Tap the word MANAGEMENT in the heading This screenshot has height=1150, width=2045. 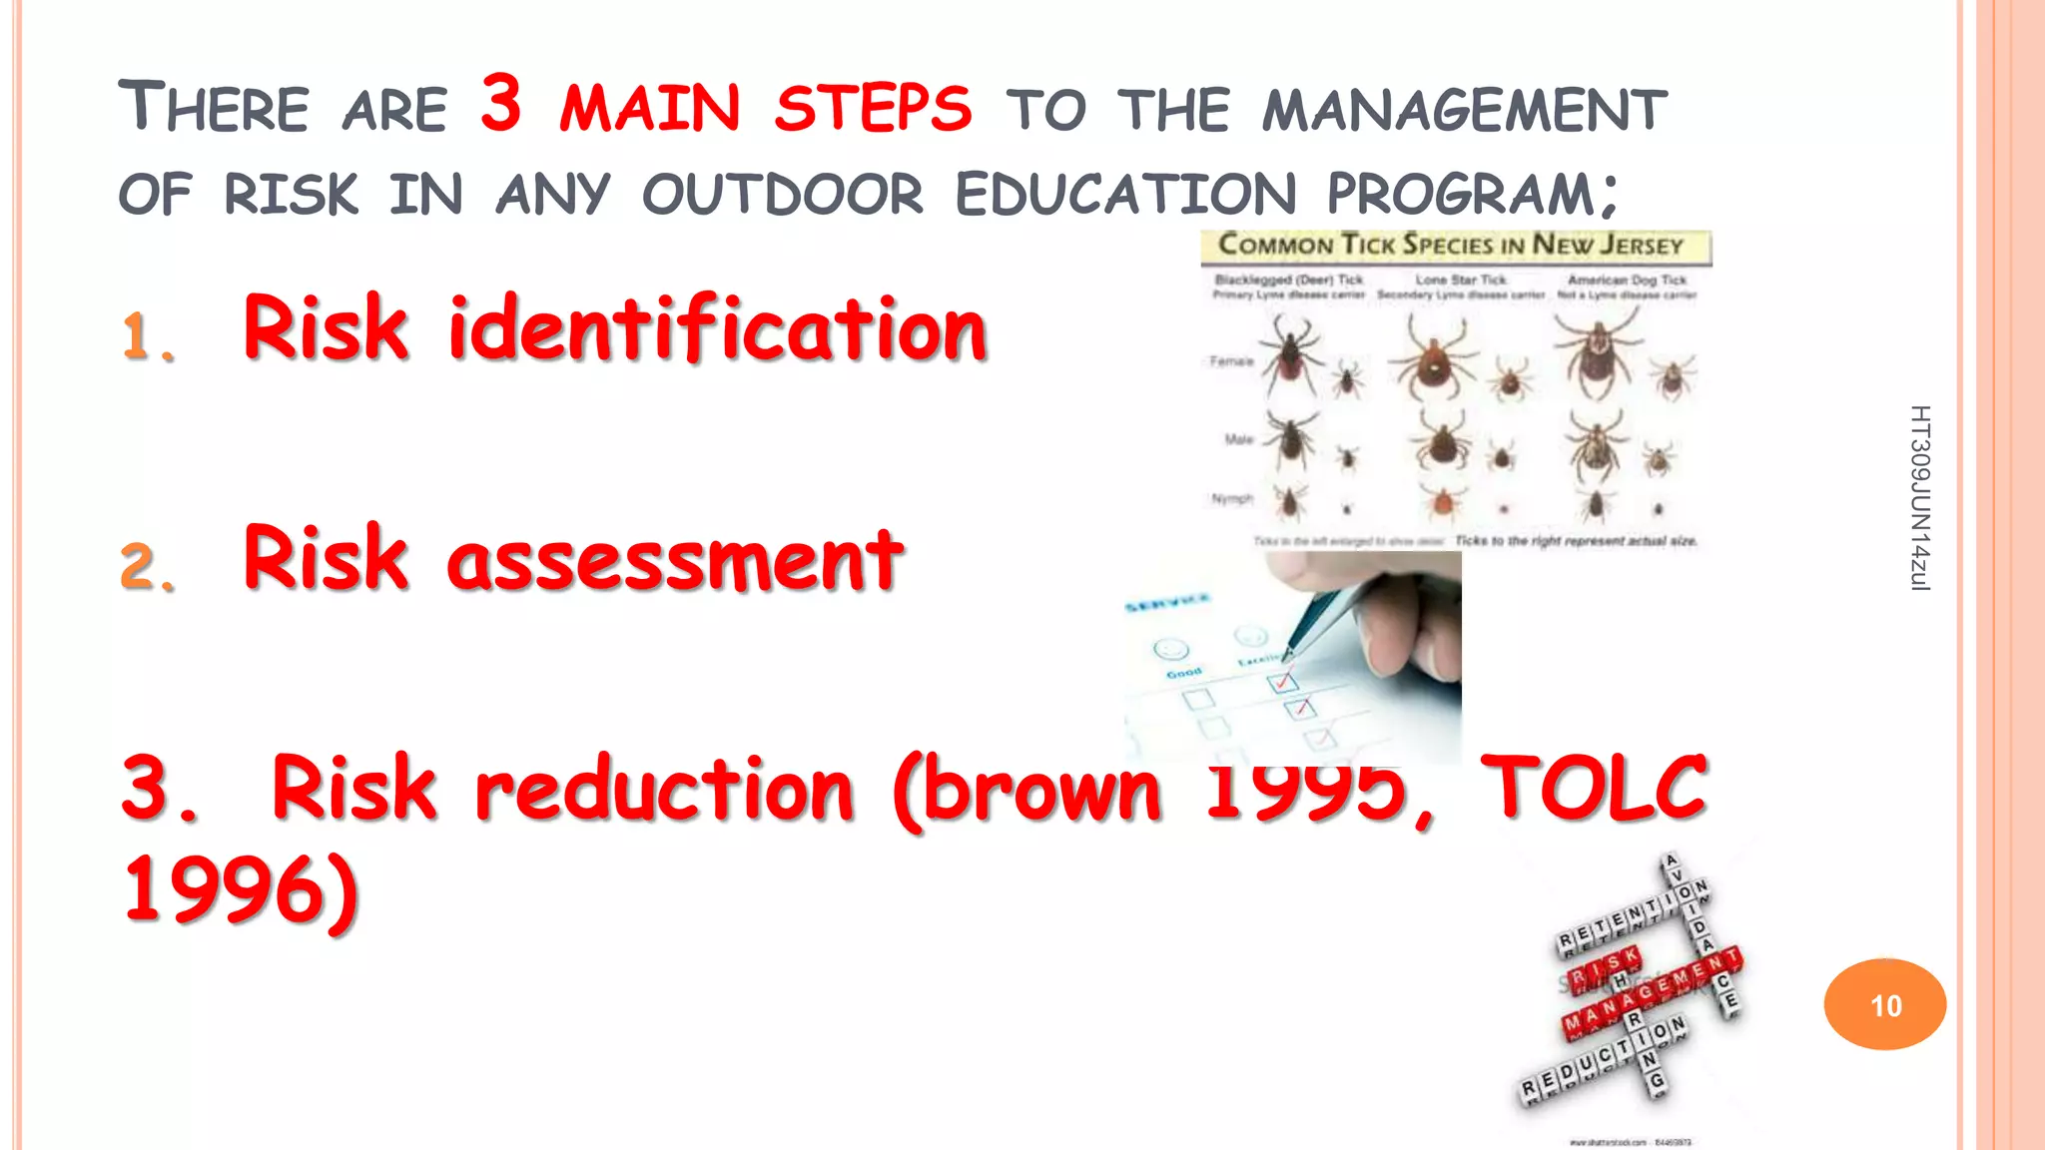[1464, 110]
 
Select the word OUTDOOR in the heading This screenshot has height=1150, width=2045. [783, 194]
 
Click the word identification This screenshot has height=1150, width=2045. [717, 328]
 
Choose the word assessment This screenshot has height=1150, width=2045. [675, 559]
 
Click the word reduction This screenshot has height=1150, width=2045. [664, 789]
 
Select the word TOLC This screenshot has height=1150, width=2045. [1593, 789]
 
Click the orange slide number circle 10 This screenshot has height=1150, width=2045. [1884, 1004]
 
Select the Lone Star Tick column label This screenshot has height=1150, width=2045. [1460, 281]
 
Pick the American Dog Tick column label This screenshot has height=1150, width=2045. [1627, 281]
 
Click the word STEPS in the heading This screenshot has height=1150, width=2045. [872, 108]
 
